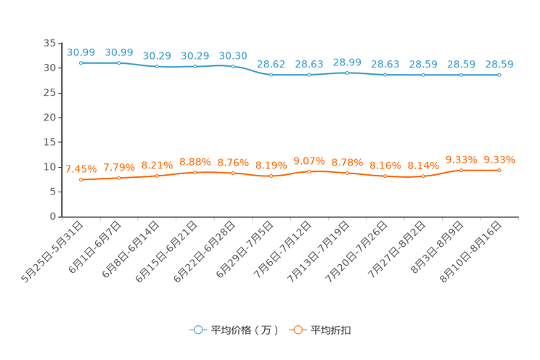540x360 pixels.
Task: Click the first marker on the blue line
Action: [x=81, y=63]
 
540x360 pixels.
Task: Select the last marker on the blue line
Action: [x=499, y=74]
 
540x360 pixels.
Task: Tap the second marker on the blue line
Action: [x=119, y=63]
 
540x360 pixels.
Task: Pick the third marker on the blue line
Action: [x=157, y=67]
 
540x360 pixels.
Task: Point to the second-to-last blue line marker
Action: [x=461, y=74]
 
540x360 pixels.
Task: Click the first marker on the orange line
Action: [x=81, y=179]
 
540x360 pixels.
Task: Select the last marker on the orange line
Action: [x=499, y=170]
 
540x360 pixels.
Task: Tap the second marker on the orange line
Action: [x=119, y=177]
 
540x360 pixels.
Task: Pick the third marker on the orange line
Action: [x=157, y=175]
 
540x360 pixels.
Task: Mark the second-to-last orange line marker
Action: [x=461, y=170]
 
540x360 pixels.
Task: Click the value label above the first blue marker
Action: [x=81, y=52]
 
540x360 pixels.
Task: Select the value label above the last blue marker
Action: [x=499, y=64]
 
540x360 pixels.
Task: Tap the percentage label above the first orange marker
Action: [x=81, y=168]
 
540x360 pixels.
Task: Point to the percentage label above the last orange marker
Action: [x=499, y=159]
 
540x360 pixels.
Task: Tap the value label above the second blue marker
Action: [x=119, y=52]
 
